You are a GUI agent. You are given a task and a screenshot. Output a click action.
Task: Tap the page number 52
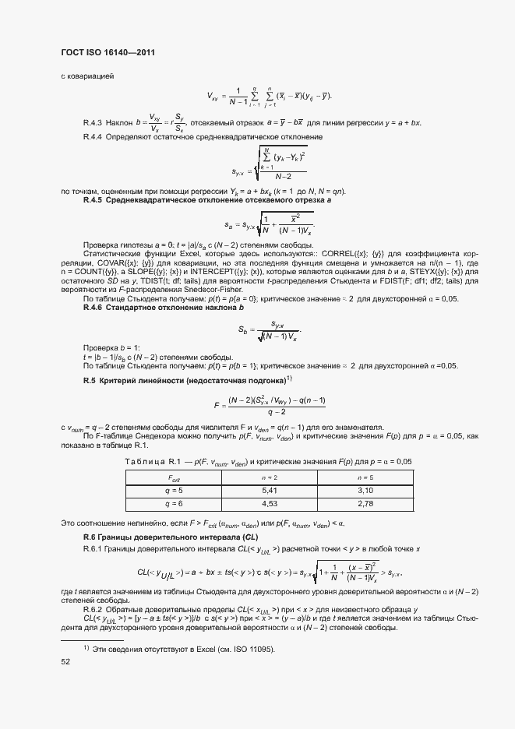65,661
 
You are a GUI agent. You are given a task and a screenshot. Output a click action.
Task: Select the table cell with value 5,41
271,490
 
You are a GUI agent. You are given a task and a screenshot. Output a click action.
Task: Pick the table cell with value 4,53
271,505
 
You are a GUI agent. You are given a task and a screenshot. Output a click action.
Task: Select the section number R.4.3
93,123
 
